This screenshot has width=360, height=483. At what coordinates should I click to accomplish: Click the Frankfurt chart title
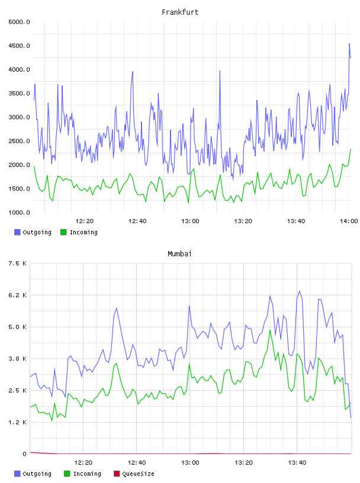click(180, 12)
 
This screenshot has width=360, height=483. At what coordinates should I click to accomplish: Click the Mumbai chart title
click(179, 254)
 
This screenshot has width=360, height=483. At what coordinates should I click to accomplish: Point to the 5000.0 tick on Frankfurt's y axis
click(19, 22)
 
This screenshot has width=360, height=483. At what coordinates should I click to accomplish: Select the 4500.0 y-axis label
click(19, 46)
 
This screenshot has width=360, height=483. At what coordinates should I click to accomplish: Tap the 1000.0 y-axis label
click(19, 212)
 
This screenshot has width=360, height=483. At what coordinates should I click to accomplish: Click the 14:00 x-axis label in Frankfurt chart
click(349, 221)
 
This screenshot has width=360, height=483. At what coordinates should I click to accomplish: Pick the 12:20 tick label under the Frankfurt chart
click(85, 221)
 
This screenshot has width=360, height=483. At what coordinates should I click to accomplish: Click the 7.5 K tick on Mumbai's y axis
click(17, 263)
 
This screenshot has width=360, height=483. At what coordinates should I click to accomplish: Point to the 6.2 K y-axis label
click(17, 295)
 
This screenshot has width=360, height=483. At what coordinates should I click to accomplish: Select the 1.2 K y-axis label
click(17, 422)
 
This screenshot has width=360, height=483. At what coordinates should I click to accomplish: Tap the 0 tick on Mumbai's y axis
click(24, 454)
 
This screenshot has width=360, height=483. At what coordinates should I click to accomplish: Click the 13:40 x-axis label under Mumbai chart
click(297, 463)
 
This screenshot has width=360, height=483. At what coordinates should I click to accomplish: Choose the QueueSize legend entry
click(134, 474)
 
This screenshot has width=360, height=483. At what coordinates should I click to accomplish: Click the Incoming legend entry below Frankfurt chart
click(79, 232)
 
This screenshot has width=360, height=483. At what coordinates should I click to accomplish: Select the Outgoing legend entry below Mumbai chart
click(33, 474)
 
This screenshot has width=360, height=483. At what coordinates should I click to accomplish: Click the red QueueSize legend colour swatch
click(117, 474)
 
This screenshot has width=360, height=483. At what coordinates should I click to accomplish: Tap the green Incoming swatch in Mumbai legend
click(67, 474)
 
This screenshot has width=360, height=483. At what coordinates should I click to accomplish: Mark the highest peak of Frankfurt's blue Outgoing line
click(349, 44)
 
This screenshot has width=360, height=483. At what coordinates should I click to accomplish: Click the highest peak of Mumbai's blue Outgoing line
click(300, 291)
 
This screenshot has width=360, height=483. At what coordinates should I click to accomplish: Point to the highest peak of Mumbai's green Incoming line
click(270, 330)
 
